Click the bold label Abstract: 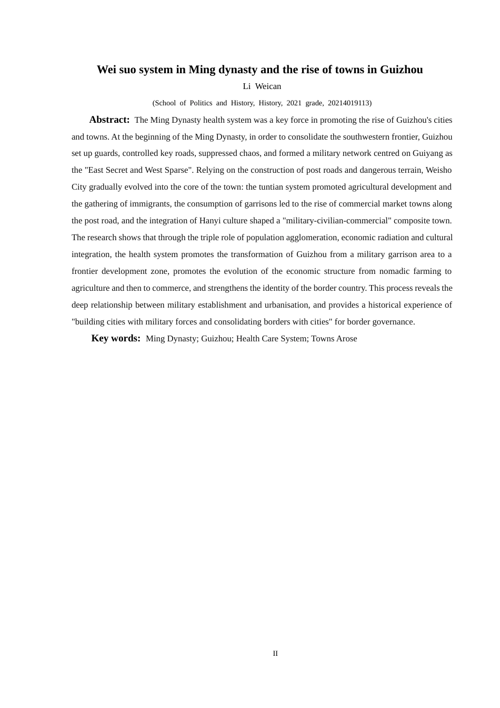(109, 120)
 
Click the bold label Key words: (116, 338)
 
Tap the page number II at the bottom (275, 653)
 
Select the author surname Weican (268, 86)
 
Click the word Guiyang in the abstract (427, 153)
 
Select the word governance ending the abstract (395, 322)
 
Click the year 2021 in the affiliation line (294, 103)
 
